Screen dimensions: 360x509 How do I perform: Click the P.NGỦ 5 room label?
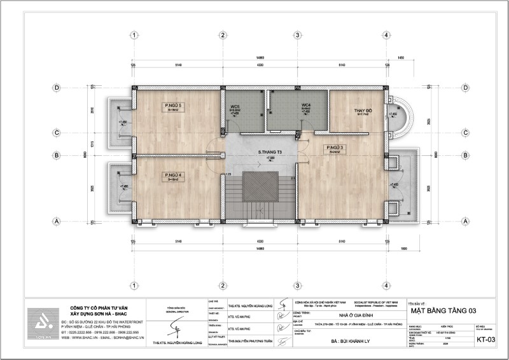tap(172, 105)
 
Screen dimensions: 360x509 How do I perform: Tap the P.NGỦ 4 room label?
tap(172, 175)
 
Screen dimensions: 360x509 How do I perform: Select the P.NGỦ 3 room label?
tap(335, 148)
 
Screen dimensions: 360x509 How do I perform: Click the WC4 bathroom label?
tap(305, 105)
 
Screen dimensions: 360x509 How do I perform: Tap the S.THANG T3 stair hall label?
tap(270, 153)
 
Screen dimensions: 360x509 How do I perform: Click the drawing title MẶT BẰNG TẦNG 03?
tap(443, 310)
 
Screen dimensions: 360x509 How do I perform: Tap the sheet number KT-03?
tap(487, 340)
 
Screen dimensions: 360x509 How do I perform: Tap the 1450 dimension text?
tap(401, 58)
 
